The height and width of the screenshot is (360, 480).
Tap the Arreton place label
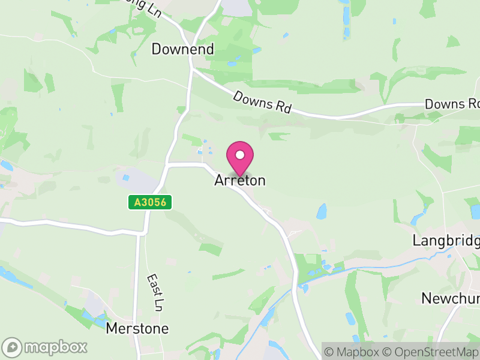(x=240, y=180)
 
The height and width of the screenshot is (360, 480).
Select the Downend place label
(x=182, y=49)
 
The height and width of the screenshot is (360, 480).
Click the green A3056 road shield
(x=150, y=203)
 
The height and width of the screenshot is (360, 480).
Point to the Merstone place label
(x=137, y=329)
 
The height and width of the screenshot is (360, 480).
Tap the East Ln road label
(x=155, y=293)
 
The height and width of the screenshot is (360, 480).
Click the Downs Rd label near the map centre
(x=262, y=102)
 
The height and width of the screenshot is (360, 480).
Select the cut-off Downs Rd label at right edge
(x=452, y=104)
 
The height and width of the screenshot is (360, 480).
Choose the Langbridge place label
(x=446, y=241)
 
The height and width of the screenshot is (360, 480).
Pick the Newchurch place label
(x=450, y=298)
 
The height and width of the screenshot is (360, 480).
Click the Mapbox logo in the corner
(x=45, y=347)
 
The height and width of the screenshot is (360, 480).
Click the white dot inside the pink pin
(x=240, y=155)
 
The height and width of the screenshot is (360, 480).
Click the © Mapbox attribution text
(x=355, y=351)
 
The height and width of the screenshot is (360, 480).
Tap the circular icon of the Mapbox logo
(x=13, y=347)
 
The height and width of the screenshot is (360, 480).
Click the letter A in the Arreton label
(x=219, y=180)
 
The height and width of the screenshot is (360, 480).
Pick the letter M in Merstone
(x=112, y=329)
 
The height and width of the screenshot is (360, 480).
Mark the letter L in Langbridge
(x=416, y=241)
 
